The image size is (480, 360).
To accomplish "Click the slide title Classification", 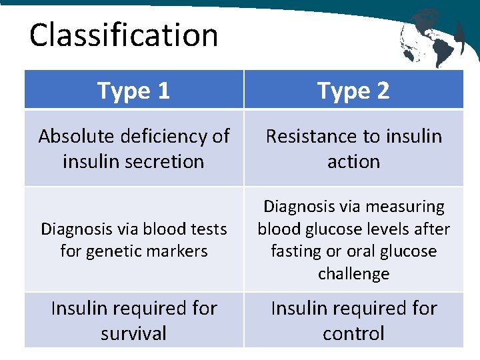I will pyautogui.click(x=123, y=35).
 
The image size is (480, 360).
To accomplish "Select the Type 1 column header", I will pyautogui.click(x=133, y=90).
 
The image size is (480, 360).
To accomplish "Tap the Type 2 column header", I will pyautogui.click(x=353, y=90).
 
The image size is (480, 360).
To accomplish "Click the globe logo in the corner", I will pyautogui.click(x=431, y=36).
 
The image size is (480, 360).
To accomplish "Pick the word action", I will pyautogui.click(x=353, y=161).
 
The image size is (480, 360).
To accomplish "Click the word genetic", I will pyautogui.click(x=117, y=251).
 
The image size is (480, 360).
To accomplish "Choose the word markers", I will pyautogui.click(x=178, y=251).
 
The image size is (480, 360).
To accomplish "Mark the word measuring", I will pyautogui.click(x=410, y=207).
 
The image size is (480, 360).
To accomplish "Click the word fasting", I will pyautogui.click(x=295, y=251).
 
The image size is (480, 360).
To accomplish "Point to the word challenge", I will pyautogui.click(x=353, y=273).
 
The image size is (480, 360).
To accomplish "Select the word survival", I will pyautogui.click(x=133, y=333).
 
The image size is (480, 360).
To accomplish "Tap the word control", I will pyautogui.click(x=353, y=333).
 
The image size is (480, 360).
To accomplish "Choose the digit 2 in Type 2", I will pyautogui.click(x=382, y=90).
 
